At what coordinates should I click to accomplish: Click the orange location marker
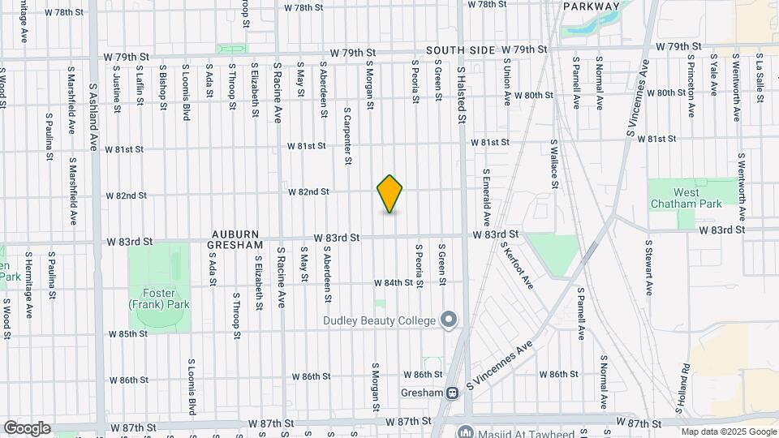coord(389,194)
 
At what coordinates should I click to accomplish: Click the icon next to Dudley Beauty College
coord(449,320)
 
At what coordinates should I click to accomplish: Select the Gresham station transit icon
coord(452,393)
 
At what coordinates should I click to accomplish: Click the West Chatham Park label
coord(686,198)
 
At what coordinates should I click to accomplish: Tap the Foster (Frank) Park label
coord(158,299)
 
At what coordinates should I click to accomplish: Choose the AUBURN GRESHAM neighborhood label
coord(236,238)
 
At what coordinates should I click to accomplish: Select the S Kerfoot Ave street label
coord(517,264)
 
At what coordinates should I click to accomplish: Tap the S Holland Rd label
coord(686,383)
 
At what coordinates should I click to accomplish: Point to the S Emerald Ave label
coord(487,197)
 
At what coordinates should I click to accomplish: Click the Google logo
coord(27,428)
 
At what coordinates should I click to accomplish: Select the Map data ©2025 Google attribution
coord(728,432)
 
